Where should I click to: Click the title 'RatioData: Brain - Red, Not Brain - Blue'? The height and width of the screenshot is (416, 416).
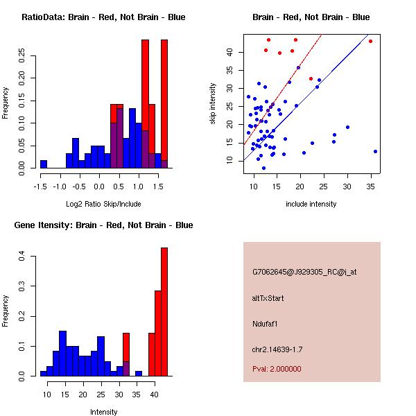pos(103,17)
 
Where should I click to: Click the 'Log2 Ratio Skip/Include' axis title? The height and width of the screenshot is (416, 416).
pos(103,204)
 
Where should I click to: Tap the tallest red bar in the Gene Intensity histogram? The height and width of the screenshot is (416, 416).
pos(164,311)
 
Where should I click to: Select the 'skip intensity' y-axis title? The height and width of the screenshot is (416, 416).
pos(213,104)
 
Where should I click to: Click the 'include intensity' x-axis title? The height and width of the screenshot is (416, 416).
pos(311,204)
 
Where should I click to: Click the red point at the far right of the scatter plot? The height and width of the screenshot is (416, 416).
pos(370,41)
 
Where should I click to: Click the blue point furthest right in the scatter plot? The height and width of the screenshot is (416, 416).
pos(375,151)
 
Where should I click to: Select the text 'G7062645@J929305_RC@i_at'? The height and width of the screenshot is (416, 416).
pos(304,272)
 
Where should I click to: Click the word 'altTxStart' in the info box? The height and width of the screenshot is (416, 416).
pos(268,298)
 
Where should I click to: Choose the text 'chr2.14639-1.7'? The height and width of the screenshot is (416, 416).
pos(277,349)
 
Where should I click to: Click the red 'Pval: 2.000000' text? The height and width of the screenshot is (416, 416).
pos(277,369)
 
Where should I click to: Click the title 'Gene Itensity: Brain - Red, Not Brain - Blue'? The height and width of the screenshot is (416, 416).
pos(103,225)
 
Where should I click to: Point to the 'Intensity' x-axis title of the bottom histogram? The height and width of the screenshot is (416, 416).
pos(103,412)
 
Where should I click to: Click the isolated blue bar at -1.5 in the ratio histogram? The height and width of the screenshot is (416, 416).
pos(44,164)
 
